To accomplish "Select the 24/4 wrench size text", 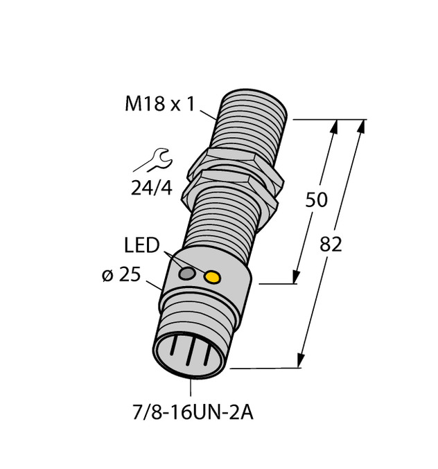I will (x=151, y=187).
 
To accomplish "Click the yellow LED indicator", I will (x=212, y=278).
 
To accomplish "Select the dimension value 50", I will (x=317, y=201).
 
